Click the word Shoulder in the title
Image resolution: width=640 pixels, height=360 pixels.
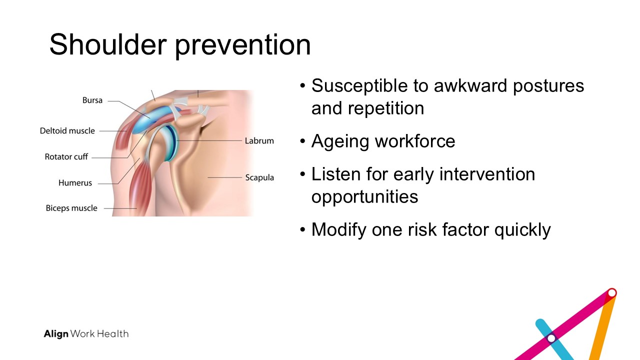pyautogui.click(x=108, y=44)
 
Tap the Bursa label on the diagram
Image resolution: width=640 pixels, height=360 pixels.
pyautogui.click(x=92, y=100)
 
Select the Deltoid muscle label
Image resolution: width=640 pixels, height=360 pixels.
pyautogui.click(x=67, y=131)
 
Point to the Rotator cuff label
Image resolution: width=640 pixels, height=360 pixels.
pyautogui.click(x=66, y=157)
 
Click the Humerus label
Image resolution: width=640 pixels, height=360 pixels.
pyautogui.click(x=75, y=183)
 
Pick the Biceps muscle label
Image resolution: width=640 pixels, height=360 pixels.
pyautogui.click(x=71, y=208)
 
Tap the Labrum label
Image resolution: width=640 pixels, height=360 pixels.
pyautogui.click(x=259, y=140)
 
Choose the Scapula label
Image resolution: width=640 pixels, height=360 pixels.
pyautogui.click(x=259, y=177)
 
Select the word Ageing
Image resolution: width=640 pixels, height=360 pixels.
pyautogui.click(x=340, y=142)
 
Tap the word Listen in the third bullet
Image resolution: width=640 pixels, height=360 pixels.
pyautogui.click(x=336, y=174)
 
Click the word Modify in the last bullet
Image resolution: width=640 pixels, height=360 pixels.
pyautogui.click(x=339, y=230)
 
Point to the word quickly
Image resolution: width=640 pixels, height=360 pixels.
pyautogui.click(x=522, y=230)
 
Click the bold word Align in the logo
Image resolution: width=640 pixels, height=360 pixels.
pyautogui.click(x=56, y=334)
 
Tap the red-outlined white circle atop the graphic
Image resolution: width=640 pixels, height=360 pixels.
pyautogui.click(x=612, y=293)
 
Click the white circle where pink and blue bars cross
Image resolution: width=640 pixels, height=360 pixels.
pyautogui.click(x=551, y=338)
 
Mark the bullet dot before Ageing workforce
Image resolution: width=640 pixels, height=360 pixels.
pyautogui.click(x=303, y=141)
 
